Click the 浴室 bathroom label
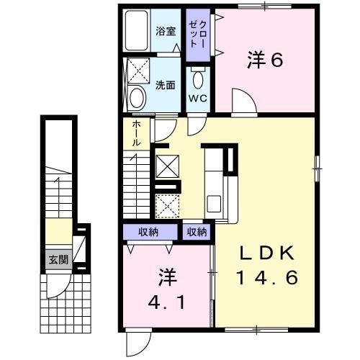(x=166, y=31)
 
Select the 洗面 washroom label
(x=166, y=85)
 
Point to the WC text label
(x=197, y=98)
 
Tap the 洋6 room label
(x=264, y=60)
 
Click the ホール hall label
(x=136, y=133)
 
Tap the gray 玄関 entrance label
(x=58, y=259)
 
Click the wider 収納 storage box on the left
(x=150, y=232)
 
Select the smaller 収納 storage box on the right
(x=197, y=232)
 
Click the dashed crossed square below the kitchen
(x=168, y=204)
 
